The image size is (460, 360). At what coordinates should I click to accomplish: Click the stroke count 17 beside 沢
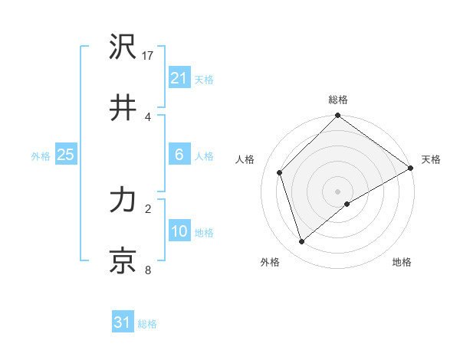[x=149, y=56]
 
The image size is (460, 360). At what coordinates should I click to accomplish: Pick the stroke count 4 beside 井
[x=148, y=116]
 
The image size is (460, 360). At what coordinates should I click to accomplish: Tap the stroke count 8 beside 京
[x=148, y=270]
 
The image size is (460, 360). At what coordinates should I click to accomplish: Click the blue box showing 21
[x=179, y=78]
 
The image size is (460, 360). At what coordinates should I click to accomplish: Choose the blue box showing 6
[x=179, y=155]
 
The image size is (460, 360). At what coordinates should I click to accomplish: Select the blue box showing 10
[x=179, y=231]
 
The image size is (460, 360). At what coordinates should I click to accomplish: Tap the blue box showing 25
[x=65, y=155]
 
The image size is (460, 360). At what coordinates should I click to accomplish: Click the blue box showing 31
[x=123, y=322]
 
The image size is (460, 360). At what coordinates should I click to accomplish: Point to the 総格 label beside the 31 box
[x=147, y=324]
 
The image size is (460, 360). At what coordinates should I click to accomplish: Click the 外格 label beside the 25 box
[x=41, y=156]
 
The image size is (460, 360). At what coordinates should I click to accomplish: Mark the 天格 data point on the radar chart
[x=410, y=169]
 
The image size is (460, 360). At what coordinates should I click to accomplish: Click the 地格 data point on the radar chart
[x=347, y=204]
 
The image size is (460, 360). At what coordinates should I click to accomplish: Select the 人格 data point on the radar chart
[x=280, y=172]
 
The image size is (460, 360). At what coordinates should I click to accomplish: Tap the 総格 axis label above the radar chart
[x=338, y=100]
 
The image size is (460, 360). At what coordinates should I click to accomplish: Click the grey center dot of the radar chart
[x=338, y=191]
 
